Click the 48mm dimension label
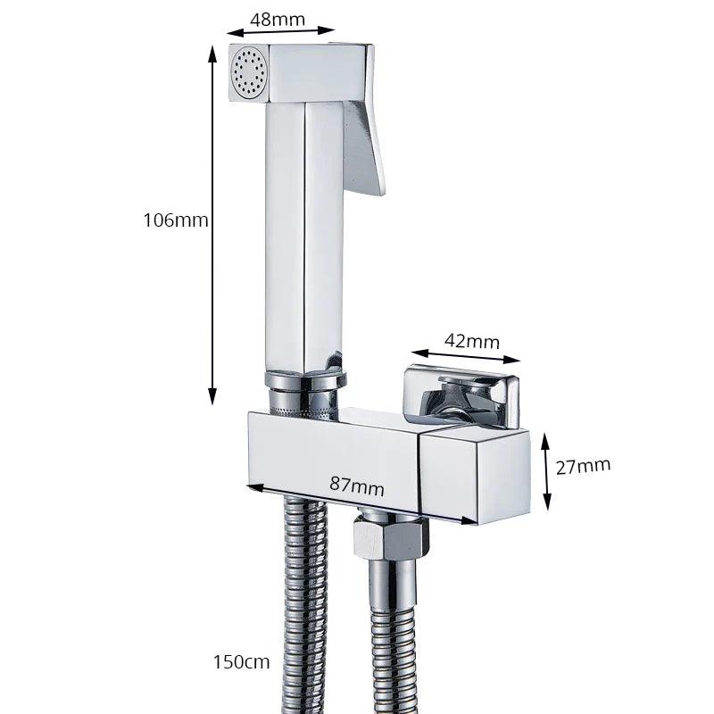tap(278, 19)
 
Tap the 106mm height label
tap(176, 220)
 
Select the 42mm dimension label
tap(471, 342)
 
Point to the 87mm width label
tap(357, 486)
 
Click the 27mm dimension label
tap(583, 465)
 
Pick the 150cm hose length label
tap(242, 661)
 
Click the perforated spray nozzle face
tap(248, 72)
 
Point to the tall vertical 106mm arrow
tap(212, 223)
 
